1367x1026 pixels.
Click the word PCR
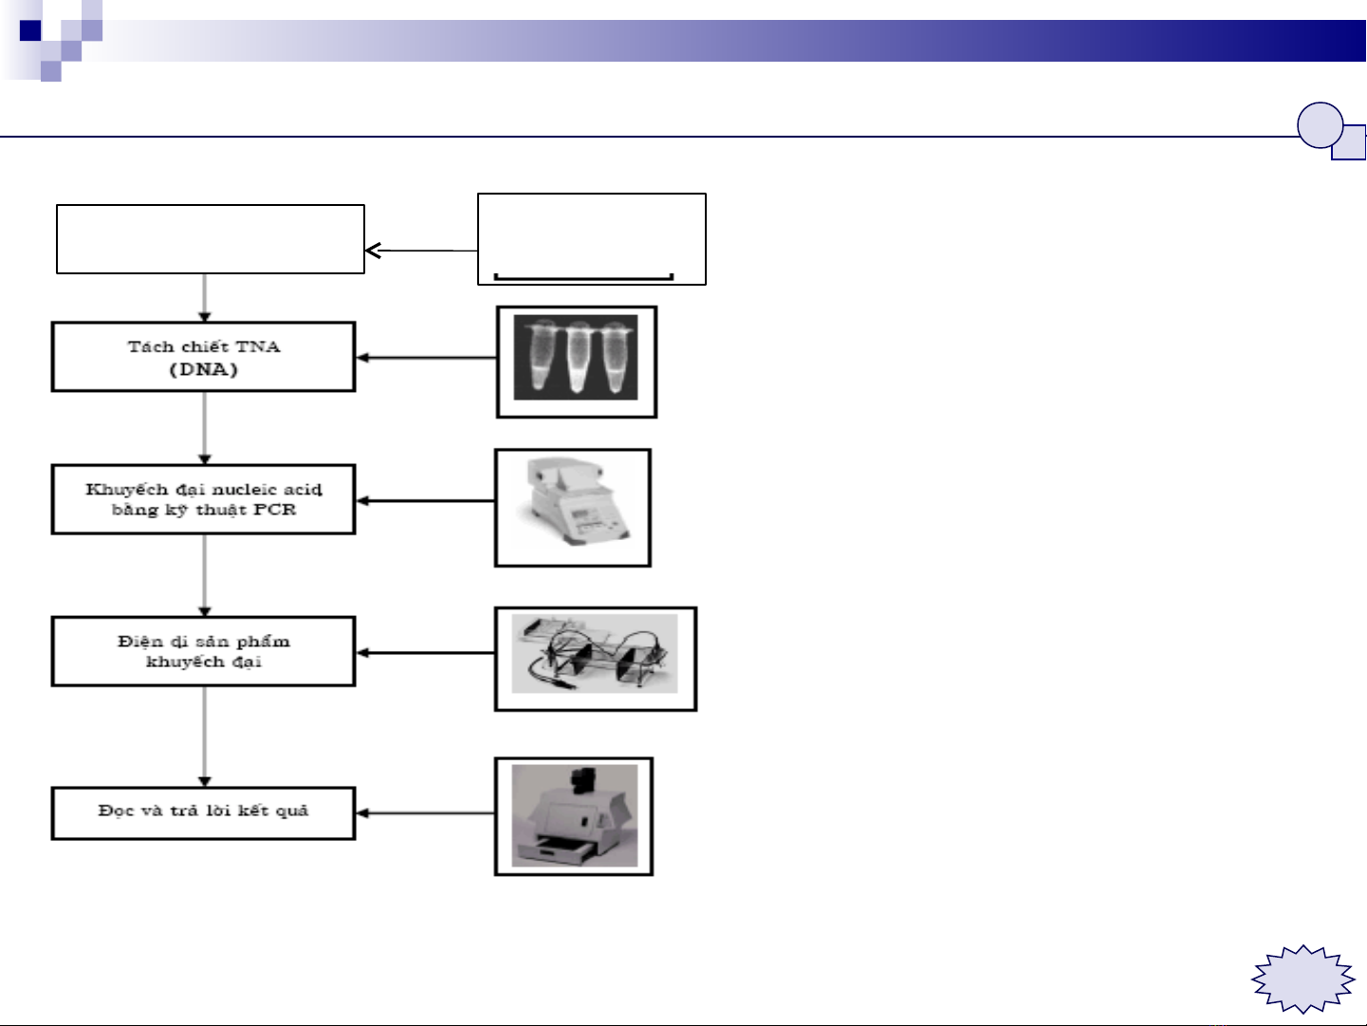click(x=275, y=510)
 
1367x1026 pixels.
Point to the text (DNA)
click(x=204, y=369)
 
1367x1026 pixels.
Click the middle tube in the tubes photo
click(x=578, y=356)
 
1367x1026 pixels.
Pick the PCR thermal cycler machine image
click(x=573, y=508)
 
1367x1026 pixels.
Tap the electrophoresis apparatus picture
click(x=596, y=659)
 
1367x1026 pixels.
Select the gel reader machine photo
click(x=574, y=816)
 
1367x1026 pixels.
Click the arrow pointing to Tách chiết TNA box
click(x=426, y=358)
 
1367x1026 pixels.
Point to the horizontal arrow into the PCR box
click(x=425, y=501)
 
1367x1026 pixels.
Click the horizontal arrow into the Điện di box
click(x=425, y=653)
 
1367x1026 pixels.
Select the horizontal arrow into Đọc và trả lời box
click(x=425, y=813)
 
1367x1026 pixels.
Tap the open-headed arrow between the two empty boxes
click(x=421, y=251)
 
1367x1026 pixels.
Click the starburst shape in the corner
click(x=1302, y=979)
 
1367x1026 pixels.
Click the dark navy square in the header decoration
click(x=30, y=30)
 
